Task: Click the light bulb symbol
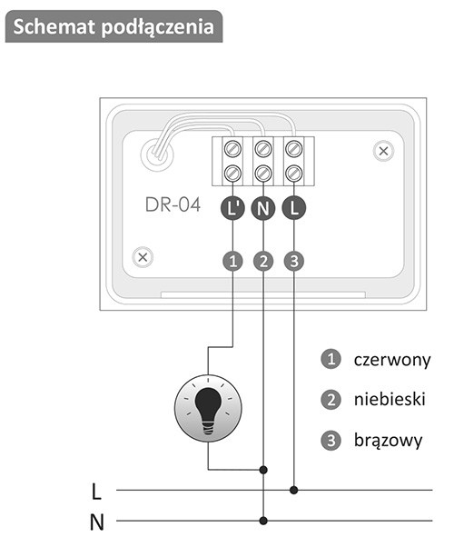[x=208, y=409]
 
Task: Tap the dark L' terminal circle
[x=233, y=209]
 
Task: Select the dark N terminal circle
[x=263, y=209]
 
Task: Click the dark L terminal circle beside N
[x=294, y=209]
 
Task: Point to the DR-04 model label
[x=173, y=204]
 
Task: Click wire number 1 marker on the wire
[x=233, y=261]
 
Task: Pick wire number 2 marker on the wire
[x=263, y=261]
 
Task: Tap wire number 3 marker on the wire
[x=294, y=261]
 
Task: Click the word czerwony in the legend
[x=392, y=360]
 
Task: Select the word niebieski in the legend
[x=390, y=399]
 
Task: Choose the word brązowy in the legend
[x=388, y=441]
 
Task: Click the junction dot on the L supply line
[x=294, y=490]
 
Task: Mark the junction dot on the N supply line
[x=263, y=521]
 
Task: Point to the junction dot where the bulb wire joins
[x=263, y=470]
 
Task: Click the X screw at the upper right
[x=383, y=152]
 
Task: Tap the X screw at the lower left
[x=143, y=257]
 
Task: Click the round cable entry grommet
[x=157, y=154]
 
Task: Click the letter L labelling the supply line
[x=96, y=492]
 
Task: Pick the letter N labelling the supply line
[x=97, y=522]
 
